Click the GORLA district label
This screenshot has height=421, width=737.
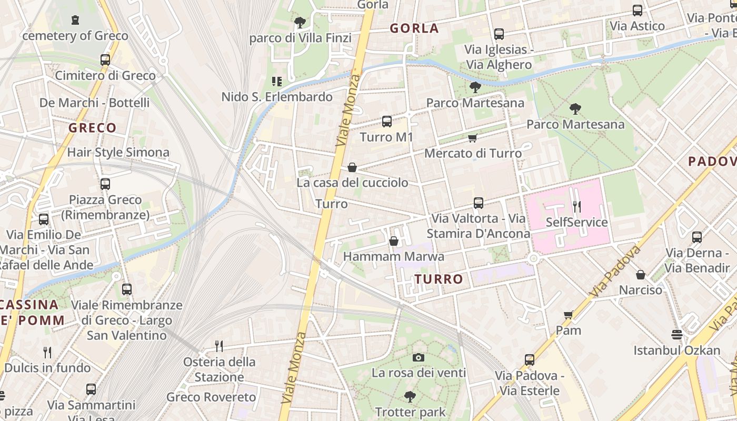[414, 28]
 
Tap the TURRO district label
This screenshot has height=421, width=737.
[439, 279]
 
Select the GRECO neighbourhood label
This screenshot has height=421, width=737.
[93, 128]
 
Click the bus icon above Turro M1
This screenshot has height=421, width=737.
[387, 122]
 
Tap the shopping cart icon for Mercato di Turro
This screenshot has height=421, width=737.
[472, 138]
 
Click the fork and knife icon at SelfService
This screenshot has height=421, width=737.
[577, 206]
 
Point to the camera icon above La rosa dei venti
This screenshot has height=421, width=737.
[419, 358]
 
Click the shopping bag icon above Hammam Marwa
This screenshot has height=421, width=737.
[393, 242]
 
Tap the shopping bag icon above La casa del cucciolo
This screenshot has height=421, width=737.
[352, 167]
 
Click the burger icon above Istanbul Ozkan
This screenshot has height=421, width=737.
[677, 335]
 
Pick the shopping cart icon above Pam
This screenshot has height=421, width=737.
[569, 315]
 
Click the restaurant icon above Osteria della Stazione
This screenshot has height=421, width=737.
[219, 346]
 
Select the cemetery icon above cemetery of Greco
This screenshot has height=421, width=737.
[75, 21]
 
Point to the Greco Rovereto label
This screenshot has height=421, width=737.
[211, 397]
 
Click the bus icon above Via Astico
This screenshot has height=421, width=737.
[638, 10]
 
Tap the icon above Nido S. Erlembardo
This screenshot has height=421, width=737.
[276, 82]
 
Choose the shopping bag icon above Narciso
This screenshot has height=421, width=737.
[641, 275]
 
